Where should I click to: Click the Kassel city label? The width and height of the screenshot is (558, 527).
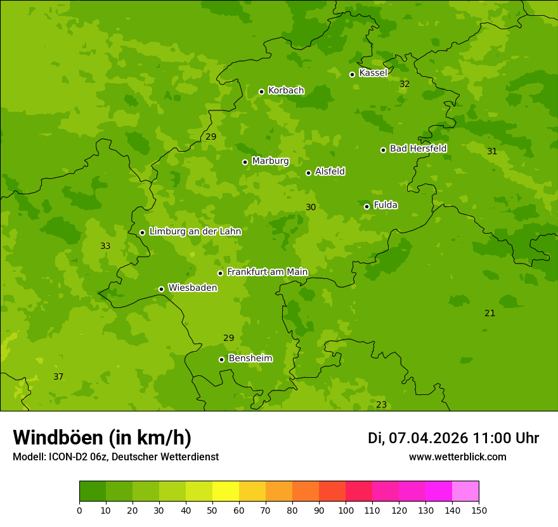click(x=373, y=73)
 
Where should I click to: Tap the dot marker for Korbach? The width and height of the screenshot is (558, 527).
click(x=261, y=91)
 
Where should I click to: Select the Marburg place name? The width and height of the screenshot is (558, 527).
click(x=270, y=161)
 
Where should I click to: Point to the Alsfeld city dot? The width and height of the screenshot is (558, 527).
click(x=308, y=173)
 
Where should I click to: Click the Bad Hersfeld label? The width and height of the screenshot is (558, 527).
click(x=418, y=149)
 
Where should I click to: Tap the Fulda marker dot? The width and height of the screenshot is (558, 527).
click(x=367, y=206)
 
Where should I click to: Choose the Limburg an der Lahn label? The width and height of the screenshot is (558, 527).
click(x=195, y=232)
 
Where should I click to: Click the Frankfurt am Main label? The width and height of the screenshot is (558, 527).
click(x=267, y=272)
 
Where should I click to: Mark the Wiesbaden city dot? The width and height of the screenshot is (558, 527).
click(x=161, y=289)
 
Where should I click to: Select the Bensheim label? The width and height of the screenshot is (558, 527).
click(x=250, y=359)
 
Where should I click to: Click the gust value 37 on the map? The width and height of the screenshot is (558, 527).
click(x=58, y=377)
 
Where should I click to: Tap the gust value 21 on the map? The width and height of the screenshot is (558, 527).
click(x=490, y=314)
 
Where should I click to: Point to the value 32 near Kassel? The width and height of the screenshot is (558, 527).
click(x=405, y=84)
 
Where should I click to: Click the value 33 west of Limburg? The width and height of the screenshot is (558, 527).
click(x=105, y=246)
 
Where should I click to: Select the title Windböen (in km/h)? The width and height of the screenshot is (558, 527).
click(x=102, y=437)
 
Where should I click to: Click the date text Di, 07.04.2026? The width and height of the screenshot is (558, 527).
click(x=418, y=438)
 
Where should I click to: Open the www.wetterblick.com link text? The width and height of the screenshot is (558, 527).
click(x=457, y=457)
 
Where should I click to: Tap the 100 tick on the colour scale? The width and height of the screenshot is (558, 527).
click(x=346, y=510)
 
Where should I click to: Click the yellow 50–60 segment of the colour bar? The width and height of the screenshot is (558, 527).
click(x=226, y=491)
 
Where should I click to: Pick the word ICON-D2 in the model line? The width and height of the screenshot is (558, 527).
click(x=65, y=457)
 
